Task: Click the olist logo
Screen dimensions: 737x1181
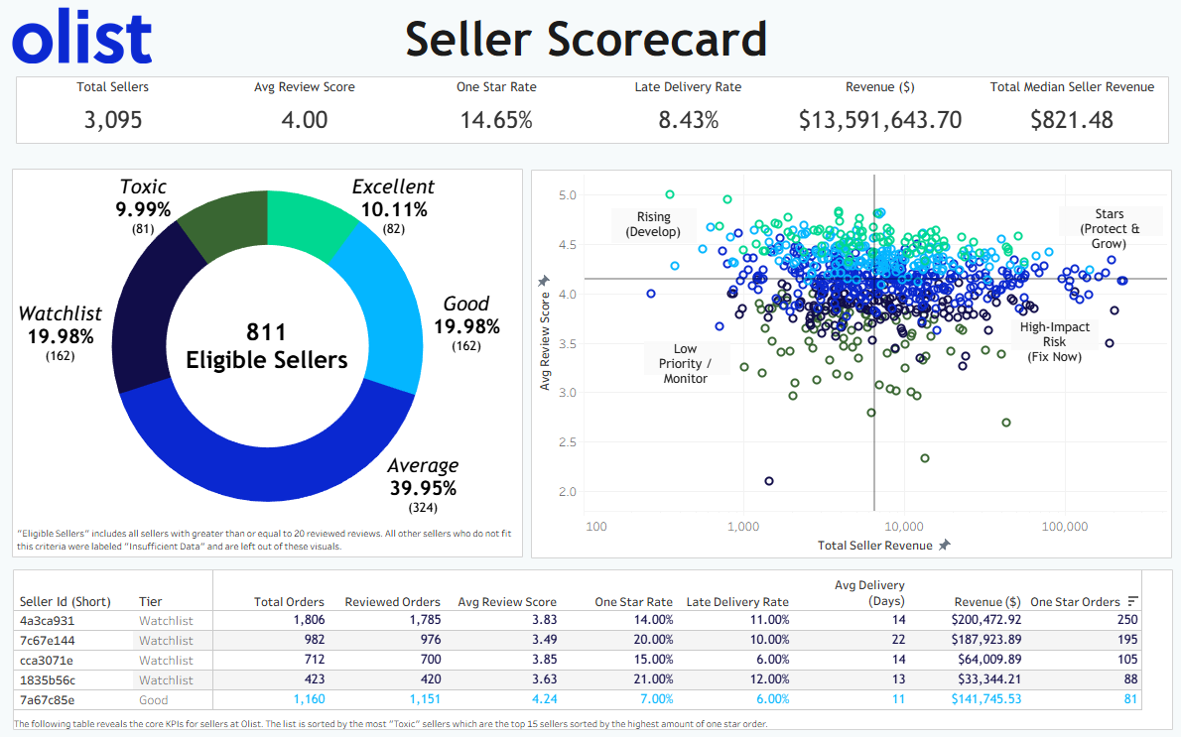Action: coord(82,40)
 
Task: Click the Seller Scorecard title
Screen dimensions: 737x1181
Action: coord(586,40)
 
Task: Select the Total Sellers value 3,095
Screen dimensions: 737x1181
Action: coord(112,120)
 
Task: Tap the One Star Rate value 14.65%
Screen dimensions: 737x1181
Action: coord(496,120)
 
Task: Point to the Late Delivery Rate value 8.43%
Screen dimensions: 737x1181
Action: coord(688,120)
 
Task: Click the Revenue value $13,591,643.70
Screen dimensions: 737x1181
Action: coord(879,120)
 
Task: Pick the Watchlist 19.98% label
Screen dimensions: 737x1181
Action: coord(62,324)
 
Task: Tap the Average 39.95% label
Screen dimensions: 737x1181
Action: coord(423,477)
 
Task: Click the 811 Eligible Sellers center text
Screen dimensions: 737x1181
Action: coord(267,345)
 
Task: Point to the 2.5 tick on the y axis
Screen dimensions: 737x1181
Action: coord(567,442)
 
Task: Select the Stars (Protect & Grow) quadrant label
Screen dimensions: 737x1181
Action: coord(1109,228)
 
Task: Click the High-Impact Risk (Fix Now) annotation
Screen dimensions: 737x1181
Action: coord(1054,341)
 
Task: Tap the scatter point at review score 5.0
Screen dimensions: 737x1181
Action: coord(670,194)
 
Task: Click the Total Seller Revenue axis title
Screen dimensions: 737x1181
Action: coord(874,545)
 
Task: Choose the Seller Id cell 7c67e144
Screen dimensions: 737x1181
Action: coord(47,640)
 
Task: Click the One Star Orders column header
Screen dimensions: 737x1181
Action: coord(1075,601)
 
